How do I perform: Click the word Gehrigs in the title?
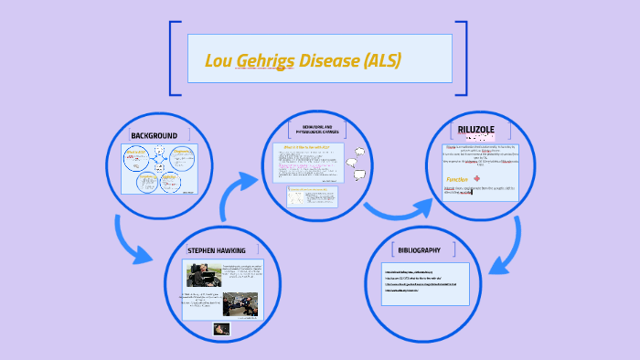click(x=266, y=61)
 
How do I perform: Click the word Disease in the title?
click(x=328, y=61)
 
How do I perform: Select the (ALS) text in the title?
click(x=382, y=61)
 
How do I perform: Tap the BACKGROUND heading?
click(x=154, y=136)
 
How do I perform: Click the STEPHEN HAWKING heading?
click(x=216, y=250)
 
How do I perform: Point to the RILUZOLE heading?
click(x=475, y=130)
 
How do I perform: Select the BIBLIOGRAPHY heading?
click(x=420, y=249)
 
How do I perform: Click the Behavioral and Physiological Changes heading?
click(x=317, y=131)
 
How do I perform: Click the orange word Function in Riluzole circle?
click(x=458, y=180)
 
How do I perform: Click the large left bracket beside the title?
click(x=174, y=58)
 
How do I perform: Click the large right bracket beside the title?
click(x=463, y=58)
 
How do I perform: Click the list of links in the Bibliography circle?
click(x=421, y=281)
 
